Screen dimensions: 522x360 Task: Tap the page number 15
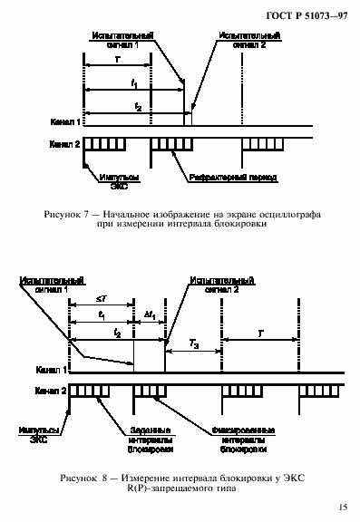tap(341, 507)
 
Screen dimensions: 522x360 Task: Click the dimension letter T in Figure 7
tap(116, 57)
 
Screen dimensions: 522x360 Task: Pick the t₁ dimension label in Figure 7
tap(134, 82)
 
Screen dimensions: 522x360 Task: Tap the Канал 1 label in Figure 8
tap(51, 371)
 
